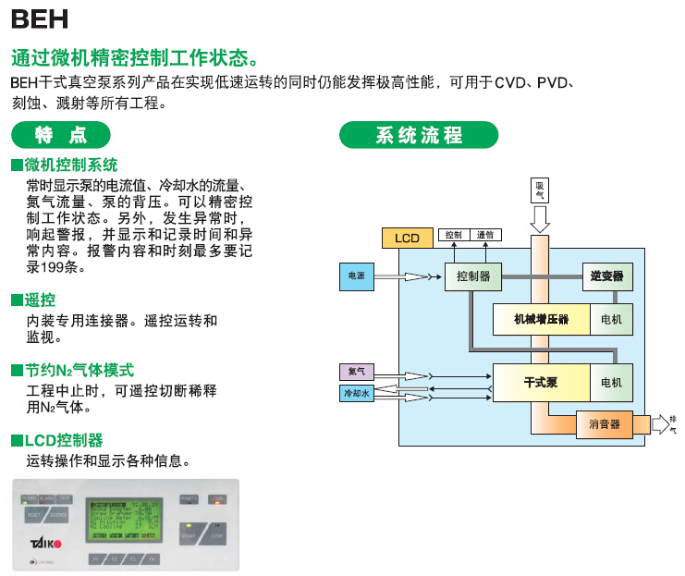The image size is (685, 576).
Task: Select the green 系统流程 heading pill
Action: [419, 135]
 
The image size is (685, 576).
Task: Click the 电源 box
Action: [356, 276]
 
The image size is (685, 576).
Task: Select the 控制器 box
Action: [473, 276]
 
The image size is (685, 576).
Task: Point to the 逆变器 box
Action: [607, 276]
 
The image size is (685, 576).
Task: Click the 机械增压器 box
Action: [541, 320]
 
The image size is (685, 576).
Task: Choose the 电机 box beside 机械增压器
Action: [611, 320]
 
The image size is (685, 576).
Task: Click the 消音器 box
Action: [605, 424]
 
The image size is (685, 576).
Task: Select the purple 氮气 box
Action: [356, 372]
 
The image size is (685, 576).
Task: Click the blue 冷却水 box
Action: [356, 394]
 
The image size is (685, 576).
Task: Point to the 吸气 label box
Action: [540, 190]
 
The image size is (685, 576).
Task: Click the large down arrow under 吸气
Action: [540, 219]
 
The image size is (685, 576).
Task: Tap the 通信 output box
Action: [486, 235]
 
